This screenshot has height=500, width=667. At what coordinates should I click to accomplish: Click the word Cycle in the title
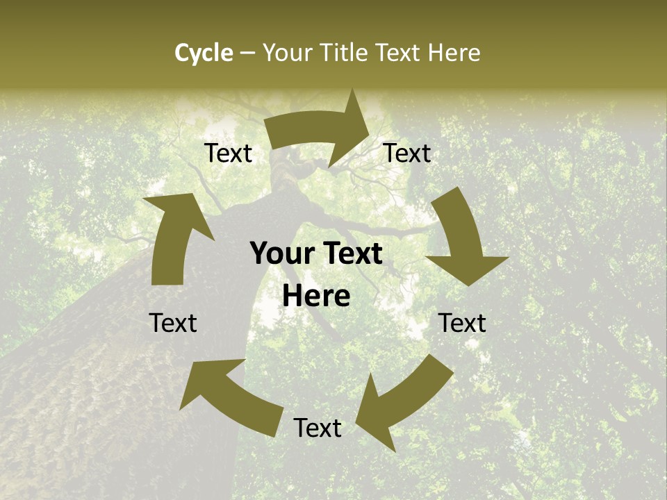point(204,53)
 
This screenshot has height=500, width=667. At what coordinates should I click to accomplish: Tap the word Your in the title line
point(288,53)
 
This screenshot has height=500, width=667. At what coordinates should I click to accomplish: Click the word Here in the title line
point(454,53)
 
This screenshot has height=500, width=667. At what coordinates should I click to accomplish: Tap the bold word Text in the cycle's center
point(352,254)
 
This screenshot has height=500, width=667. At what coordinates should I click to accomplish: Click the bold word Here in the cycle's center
point(316,297)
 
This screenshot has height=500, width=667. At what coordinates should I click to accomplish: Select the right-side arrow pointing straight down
point(462,240)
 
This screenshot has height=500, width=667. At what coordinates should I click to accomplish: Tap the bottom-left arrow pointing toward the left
point(229,396)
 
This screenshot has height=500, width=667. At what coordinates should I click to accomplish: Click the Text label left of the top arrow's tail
point(229,153)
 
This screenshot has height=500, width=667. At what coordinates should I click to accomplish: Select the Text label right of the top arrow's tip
point(407,153)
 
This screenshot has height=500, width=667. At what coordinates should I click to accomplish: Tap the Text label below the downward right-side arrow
point(462,323)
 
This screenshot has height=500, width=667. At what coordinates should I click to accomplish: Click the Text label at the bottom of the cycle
point(318,428)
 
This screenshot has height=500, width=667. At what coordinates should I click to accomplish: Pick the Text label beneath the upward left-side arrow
point(174,323)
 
